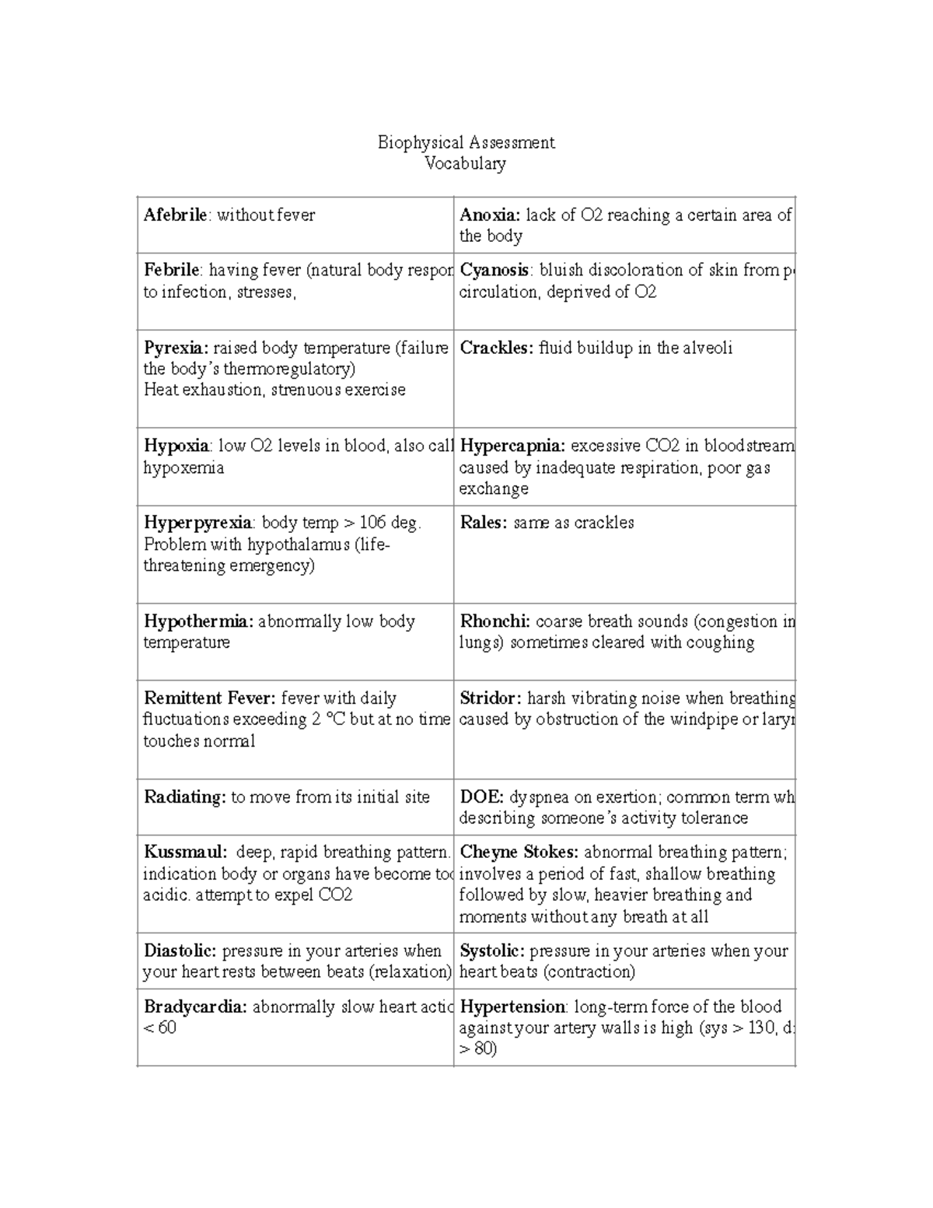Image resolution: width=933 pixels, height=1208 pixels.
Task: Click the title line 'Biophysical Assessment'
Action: pos(466,142)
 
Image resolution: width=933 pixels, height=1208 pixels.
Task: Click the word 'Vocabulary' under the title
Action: pos(466,163)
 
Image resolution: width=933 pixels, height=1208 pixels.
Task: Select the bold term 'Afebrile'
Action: pos(176,215)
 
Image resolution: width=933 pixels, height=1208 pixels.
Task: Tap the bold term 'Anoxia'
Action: pos(490,215)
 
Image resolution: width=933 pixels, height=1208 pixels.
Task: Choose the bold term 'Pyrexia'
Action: pos(176,348)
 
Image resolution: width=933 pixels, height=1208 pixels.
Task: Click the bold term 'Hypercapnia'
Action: pos(512,446)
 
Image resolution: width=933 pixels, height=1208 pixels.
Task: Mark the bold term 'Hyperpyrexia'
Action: pos(198,523)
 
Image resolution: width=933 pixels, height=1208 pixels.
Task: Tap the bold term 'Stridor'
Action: pos(491,699)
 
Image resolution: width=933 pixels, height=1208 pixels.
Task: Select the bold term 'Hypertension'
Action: pos(512,1007)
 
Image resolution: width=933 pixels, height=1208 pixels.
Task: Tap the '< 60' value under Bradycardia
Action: pos(160,1028)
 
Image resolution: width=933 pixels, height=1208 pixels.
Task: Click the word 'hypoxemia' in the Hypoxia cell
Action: pos(183,468)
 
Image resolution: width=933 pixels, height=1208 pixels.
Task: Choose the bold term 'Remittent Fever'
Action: pos(210,699)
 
